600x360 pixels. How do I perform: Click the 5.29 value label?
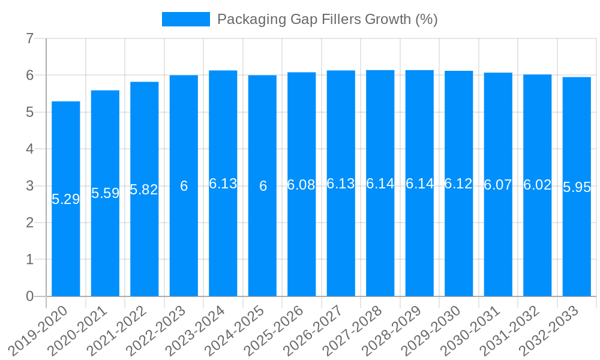click(66, 199)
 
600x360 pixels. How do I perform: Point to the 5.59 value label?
click(105, 193)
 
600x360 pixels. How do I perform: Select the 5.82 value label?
click(144, 190)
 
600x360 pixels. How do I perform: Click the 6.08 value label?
click(301, 185)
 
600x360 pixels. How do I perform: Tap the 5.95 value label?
click(577, 187)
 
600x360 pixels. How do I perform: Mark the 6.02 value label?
click(537, 185)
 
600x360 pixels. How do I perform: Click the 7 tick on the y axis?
click(29, 38)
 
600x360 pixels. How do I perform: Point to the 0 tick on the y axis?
click(29, 296)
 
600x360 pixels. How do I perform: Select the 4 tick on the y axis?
click(29, 149)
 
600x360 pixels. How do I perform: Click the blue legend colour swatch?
click(186, 19)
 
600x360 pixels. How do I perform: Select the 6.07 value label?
click(498, 185)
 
